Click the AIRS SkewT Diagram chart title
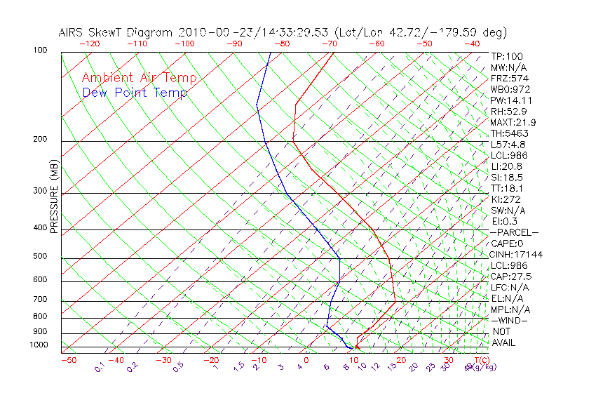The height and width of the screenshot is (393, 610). (x=283, y=32)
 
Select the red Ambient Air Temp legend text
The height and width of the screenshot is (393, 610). (x=140, y=78)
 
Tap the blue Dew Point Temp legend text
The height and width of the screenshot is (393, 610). (x=135, y=93)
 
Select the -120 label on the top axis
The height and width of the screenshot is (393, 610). (x=89, y=44)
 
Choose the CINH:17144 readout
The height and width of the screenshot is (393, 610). (x=517, y=255)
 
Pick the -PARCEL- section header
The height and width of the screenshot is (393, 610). (x=514, y=232)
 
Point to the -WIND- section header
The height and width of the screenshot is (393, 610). (x=509, y=320)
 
